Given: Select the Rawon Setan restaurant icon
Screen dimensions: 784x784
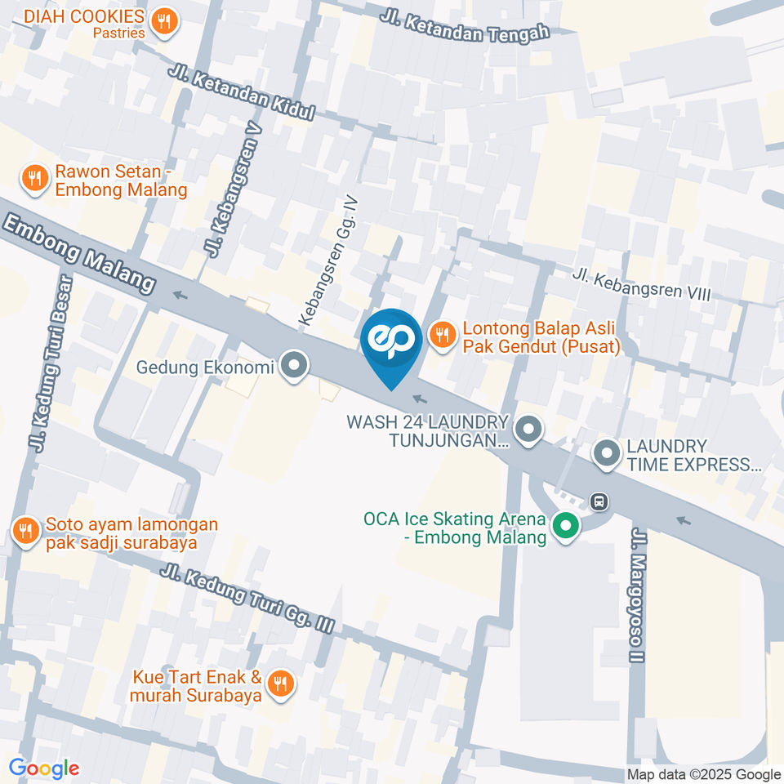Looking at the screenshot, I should pos(34,178).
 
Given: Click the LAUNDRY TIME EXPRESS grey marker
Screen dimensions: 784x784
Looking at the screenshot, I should pos(607,455).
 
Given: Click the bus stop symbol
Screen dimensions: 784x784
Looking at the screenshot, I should pos(599,501).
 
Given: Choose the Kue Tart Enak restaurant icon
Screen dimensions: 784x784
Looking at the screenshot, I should pos(281,684).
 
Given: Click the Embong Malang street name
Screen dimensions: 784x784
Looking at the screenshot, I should pos(79,253).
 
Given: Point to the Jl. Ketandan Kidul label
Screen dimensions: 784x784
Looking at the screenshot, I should pos(242,93).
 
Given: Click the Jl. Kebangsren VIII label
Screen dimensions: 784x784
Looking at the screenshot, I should pos(641,285).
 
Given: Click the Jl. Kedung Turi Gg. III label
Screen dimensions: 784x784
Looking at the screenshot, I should pos(247,599).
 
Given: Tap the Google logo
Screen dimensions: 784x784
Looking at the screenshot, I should pos(44,768).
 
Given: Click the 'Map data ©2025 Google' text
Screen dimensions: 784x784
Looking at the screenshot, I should pos(704,774).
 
